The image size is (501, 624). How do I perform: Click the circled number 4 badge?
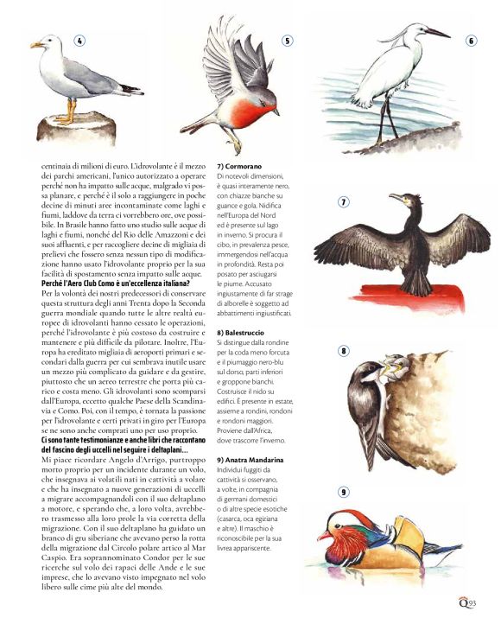click(x=79, y=41)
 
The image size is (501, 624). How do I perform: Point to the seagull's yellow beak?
click(x=35, y=45)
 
